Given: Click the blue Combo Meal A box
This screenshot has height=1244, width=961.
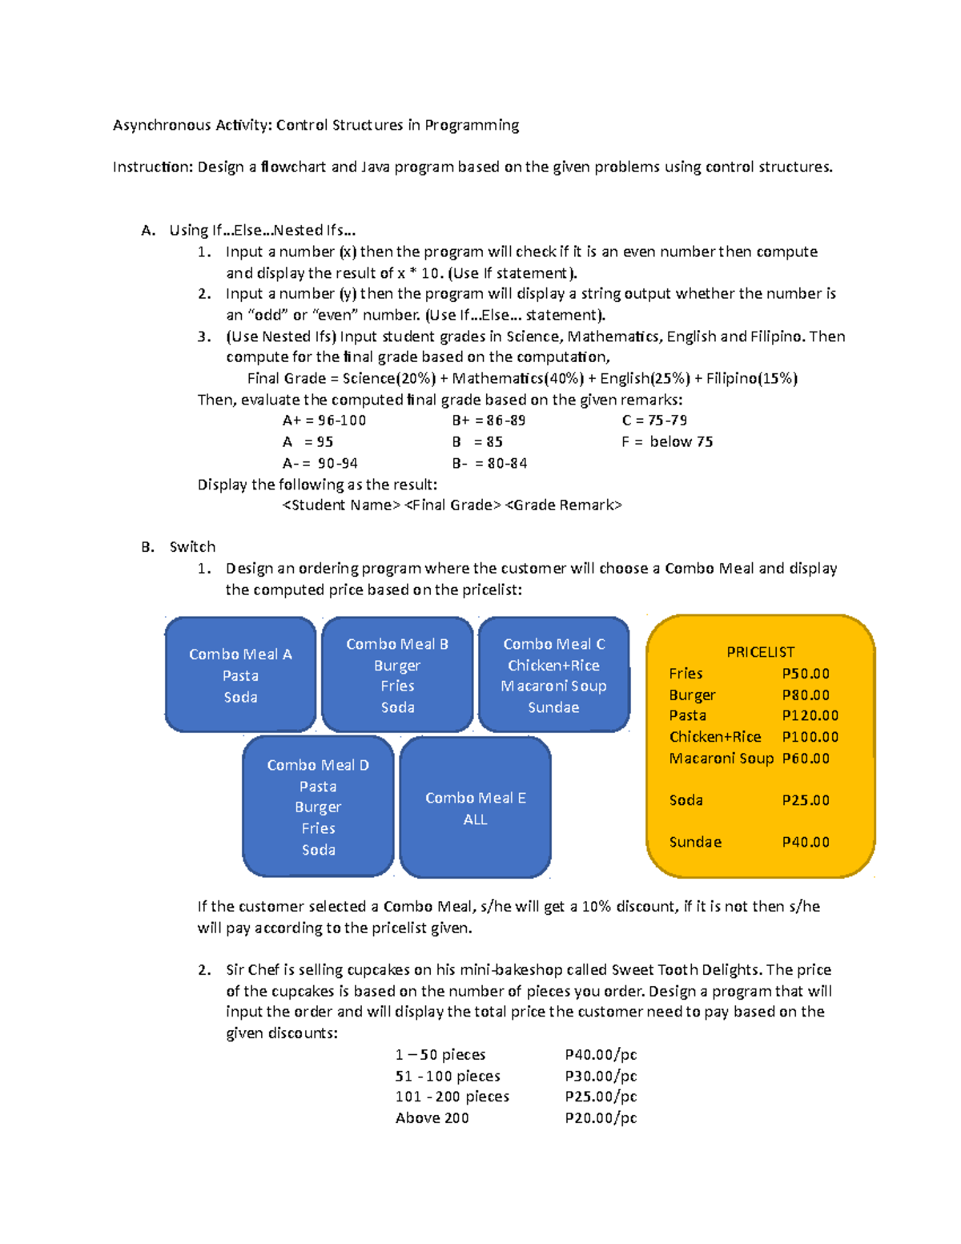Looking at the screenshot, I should click(240, 674).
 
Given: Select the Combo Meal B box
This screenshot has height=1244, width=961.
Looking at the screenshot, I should click(397, 674).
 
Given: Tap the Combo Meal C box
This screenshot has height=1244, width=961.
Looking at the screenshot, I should click(553, 674).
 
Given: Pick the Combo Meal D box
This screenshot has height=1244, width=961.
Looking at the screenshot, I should click(318, 807).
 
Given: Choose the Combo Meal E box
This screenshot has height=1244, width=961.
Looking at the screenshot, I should click(475, 807).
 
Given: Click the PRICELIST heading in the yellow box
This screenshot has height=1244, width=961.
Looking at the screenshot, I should click(760, 652).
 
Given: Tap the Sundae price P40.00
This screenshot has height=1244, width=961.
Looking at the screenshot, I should click(805, 842).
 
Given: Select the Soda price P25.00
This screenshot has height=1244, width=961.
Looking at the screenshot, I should click(805, 800).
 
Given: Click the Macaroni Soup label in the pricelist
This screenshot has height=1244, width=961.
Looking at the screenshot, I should click(721, 758).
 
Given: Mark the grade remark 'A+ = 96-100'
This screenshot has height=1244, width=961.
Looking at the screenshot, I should click(324, 421).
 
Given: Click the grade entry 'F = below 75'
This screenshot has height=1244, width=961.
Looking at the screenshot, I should click(666, 441).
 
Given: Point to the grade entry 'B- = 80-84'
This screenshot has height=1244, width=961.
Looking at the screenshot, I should click(489, 463).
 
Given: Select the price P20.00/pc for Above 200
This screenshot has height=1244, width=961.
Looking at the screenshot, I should click(601, 1117).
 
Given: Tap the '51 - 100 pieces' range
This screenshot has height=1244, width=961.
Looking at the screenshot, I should click(448, 1076).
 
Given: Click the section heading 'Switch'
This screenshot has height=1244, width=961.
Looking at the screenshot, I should click(192, 547).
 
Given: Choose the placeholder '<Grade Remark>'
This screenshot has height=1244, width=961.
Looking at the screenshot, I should click(564, 505).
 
